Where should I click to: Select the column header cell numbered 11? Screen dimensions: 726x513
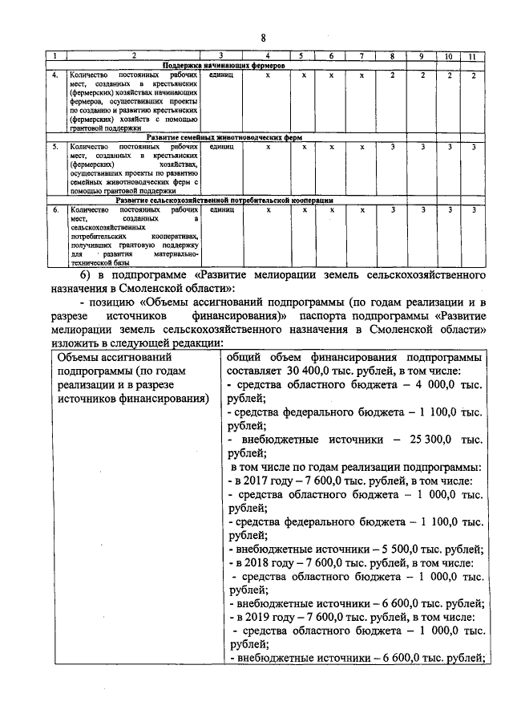pyautogui.click(x=473, y=56)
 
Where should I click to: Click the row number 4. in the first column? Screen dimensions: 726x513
pyautogui.click(x=54, y=75)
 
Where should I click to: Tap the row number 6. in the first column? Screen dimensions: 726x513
pyautogui.click(x=54, y=209)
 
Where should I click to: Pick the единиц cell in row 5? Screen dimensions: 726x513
pyautogui.click(x=220, y=147)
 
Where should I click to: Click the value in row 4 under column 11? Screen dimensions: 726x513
pyautogui.click(x=473, y=75)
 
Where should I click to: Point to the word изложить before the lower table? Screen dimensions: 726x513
pyautogui.click(x=73, y=342)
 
